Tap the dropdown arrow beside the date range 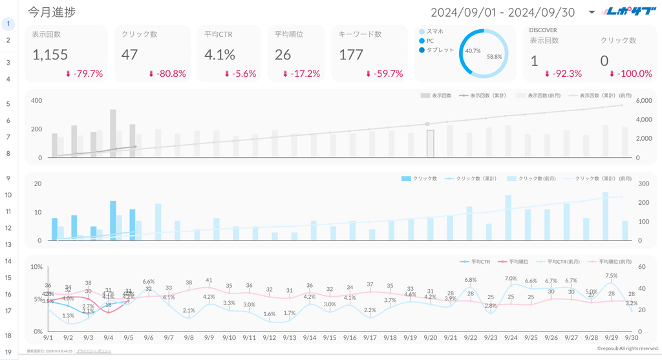[x=592, y=12]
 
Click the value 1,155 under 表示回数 [x=50, y=55]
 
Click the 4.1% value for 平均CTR [x=219, y=55]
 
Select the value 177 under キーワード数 [x=351, y=55]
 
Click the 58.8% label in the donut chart [x=494, y=57]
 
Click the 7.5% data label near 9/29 [x=610, y=276]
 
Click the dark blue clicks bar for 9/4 [x=112, y=220]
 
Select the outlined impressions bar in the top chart [x=430, y=143]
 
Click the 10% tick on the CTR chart [x=36, y=267]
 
